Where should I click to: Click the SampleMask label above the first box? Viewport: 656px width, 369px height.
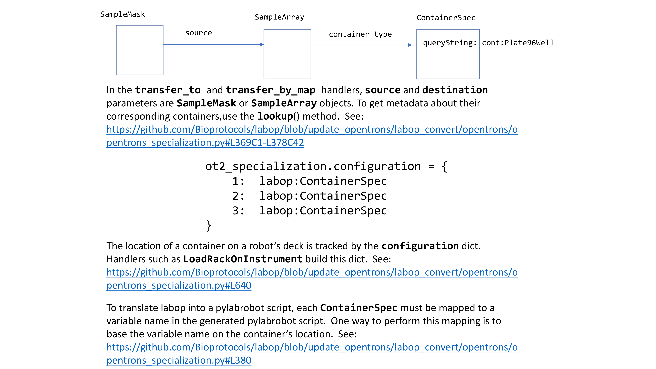coord(123,14)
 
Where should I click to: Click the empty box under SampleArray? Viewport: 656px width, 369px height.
coord(287,54)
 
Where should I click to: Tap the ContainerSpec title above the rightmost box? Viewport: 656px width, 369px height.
coord(446,18)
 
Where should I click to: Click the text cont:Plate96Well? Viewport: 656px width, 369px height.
coord(518,43)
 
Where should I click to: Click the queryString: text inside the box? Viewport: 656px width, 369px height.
coord(450,43)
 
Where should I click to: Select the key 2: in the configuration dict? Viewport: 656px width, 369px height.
coord(238,196)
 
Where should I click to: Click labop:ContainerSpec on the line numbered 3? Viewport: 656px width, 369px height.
coord(323,211)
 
